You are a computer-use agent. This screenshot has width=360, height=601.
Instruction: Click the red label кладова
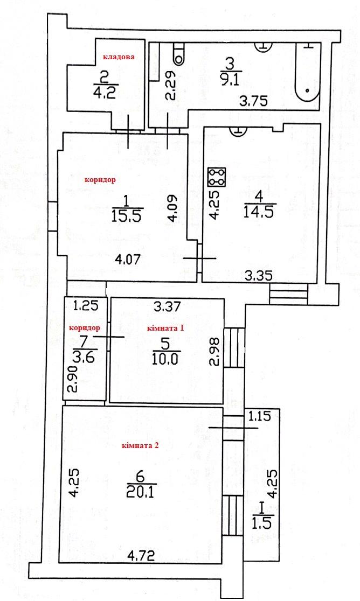pyautogui.click(x=118, y=57)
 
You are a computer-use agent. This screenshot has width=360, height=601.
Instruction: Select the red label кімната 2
pyautogui.click(x=140, y=446)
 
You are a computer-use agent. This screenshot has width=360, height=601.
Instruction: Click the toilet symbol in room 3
pyautogui.click(x=179, y=54)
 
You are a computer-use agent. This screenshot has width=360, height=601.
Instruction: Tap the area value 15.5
pyautogui.click(x=127, y=216)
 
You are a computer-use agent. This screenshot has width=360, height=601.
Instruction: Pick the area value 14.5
pyautogui.click(x=260, y=212)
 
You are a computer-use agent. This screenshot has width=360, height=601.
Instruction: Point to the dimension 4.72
pyautogui.click(x=142, y=555)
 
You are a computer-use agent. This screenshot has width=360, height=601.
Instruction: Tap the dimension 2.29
pyautogui.click(x=171, y=86)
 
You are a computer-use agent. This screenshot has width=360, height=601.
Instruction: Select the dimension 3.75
pyautogui.click(x=253, y=101)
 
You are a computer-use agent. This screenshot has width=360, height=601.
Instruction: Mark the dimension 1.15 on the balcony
pyautogui.click(x=260, y=416)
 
